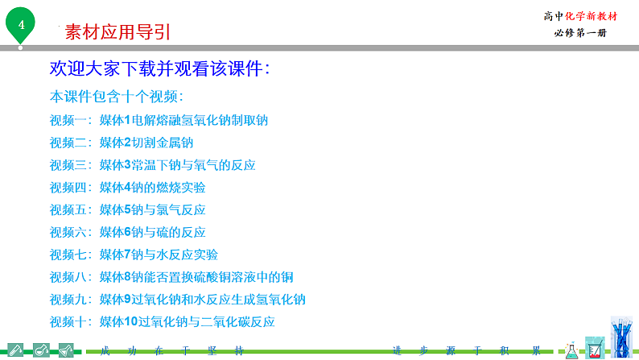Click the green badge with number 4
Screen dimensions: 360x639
click(x=21, y=25)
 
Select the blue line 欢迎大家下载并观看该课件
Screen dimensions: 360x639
click(x=159, y=68)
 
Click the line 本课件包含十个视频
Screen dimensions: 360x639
click(x=117, y=97)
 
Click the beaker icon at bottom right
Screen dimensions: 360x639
click(x=595, y=348)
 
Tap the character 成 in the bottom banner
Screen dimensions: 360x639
click(x=102, y=351)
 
